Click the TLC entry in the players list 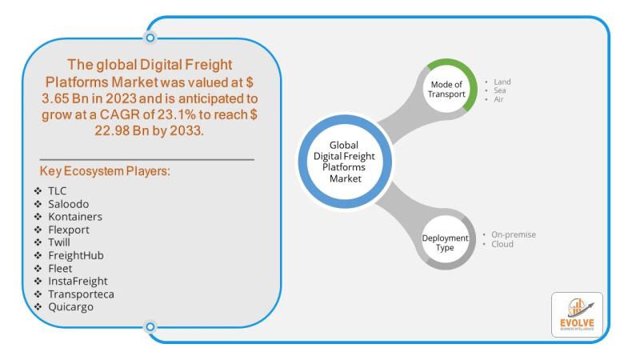pyautogui.click(x=58, y=191)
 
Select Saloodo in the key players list pyautogui.click(x=70, y=204)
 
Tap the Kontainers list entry pyautogui.click(x=75, y=217)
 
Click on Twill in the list pyautogui.click(x=60, y=242)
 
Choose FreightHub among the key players pyautogui.click(x=76, y=255)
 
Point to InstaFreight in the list pyautogui.click(x=78, y=281)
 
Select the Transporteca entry pyautogui.click(x=81, y=294)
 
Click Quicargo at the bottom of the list pyautogui.click(x=70, y=306)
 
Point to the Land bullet pyautogui.click(x=502, y=82)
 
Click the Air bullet pyautogui.click(x=499, y=99)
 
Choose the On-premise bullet pyautogui.click(x=514, y=234)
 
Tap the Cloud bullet pyautogui.click(x=502, y=244)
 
